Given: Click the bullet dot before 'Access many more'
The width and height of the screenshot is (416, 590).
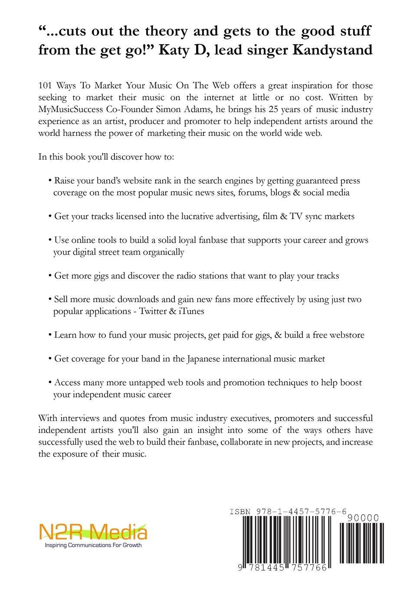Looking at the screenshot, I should pos(50,383).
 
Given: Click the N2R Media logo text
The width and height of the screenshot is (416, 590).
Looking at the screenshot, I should pos(93,532).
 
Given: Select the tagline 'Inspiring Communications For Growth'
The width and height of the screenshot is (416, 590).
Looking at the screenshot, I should pos(93,545).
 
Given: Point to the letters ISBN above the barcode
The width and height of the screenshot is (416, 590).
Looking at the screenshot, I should pos(240,512).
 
